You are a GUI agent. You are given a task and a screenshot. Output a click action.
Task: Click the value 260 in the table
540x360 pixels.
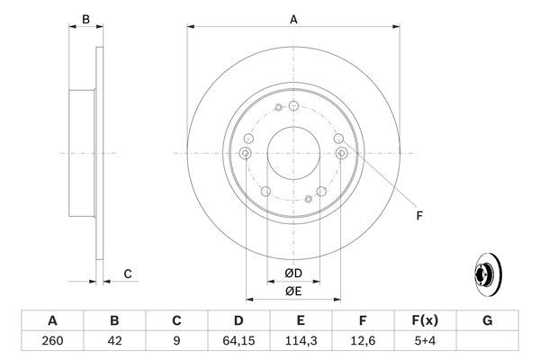click(x=52, y=342)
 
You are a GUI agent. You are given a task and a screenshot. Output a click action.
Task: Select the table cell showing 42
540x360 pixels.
click(x=114, y=342)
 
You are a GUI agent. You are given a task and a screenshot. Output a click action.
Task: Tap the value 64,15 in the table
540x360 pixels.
click(x=238, y=342)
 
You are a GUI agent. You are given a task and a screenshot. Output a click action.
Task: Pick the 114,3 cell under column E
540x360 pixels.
click(x=301, y=342)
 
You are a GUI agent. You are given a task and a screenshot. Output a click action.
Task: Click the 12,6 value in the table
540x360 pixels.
click(x=363, y=342)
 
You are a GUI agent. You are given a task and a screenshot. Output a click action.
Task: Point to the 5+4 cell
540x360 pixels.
click(x=424, y=342)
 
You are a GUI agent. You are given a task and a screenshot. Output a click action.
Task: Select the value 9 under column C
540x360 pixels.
click(x=176, y=342)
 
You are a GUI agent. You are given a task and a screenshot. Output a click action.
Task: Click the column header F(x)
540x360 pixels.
click(x=424, y=320)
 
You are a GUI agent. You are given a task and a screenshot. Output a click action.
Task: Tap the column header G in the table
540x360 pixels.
click(x=487, y=320)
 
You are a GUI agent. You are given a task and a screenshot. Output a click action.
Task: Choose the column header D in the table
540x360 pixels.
click(x=238, y=320)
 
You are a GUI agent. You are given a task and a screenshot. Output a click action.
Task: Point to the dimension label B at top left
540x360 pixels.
click(x=86, y=19)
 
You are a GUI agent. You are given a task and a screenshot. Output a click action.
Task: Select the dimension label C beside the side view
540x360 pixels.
click(x=129, y=274)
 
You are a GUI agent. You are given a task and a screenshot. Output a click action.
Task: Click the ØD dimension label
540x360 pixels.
click(x=293, y=273)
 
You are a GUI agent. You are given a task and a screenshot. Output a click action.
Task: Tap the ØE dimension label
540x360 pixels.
click(x=293, y=291)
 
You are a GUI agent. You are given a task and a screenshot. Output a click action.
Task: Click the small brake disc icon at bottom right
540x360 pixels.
click(x=487, y=274)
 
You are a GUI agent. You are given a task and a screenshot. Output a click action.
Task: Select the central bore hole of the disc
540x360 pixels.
click(x=293, y=153)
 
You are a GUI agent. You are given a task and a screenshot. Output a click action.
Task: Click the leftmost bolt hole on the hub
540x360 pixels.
click(x=245, y=154)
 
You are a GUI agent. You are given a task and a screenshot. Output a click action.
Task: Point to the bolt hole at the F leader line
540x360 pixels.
click(x=341, y=154)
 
